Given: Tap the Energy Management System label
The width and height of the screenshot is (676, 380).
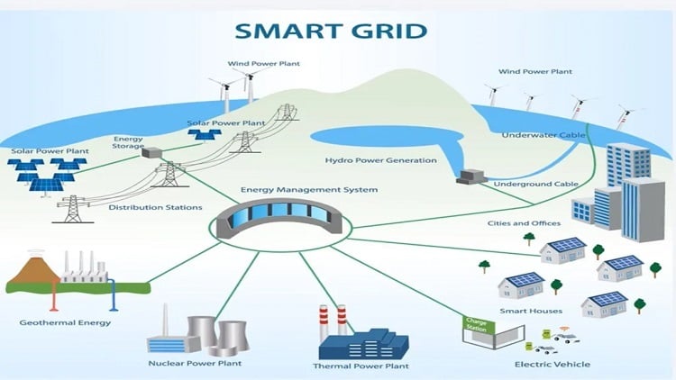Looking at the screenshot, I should tap(309, 190).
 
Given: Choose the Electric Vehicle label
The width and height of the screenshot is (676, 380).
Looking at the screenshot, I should tap(553, 364).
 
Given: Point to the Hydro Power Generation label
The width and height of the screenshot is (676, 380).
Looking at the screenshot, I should tap(380, 160).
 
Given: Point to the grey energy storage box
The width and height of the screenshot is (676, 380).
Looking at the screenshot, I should tap(152, 154).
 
